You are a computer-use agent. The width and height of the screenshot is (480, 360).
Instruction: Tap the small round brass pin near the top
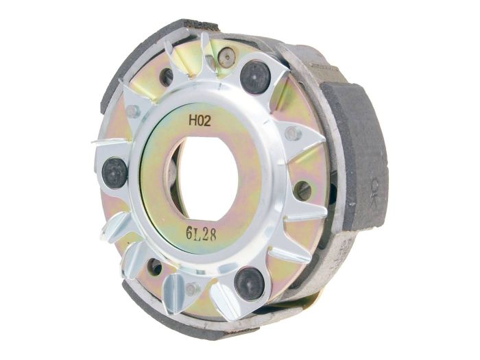tap(228, 58)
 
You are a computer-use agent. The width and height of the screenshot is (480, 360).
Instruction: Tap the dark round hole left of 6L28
tap(155, 266)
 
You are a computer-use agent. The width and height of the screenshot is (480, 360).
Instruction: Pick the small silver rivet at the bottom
tap(191, 289)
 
